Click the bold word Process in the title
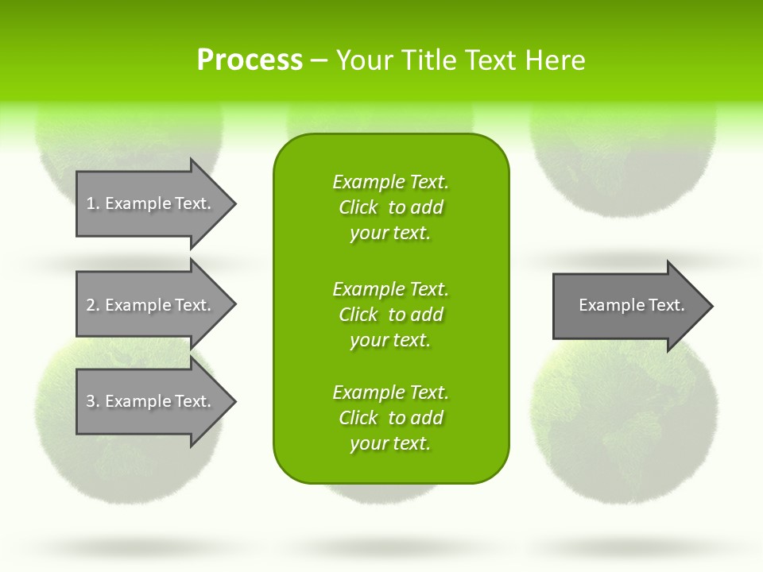(250, 60)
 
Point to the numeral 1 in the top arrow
(91, 203)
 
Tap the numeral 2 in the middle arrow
(91, 305)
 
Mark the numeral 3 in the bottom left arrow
(91, 401)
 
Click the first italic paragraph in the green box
(390, 207)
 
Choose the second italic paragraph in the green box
(390, 315)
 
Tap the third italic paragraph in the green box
(390, 418)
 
